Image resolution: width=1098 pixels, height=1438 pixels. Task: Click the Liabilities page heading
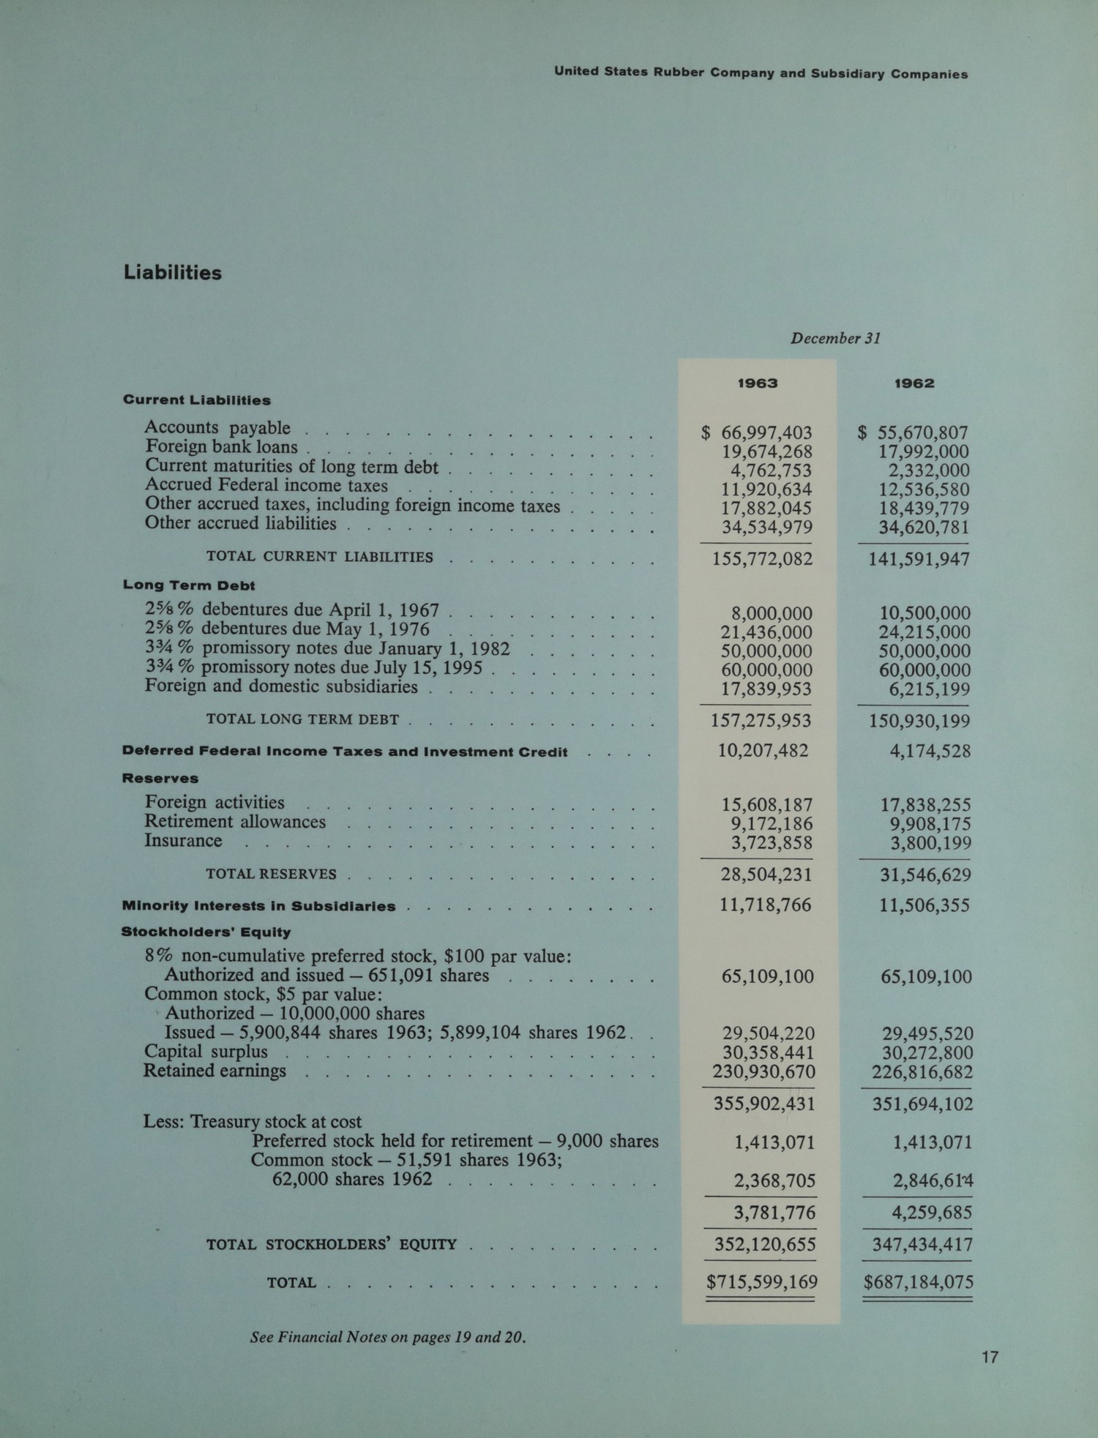[173, 273]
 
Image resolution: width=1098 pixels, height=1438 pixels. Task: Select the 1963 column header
[757, 383]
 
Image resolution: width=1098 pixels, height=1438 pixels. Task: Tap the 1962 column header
[914, 383]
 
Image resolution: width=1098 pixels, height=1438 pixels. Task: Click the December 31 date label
[835, 339]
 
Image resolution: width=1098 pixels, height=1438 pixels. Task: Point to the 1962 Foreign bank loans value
[924, 452]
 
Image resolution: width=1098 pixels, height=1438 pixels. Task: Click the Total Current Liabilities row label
[319, 557]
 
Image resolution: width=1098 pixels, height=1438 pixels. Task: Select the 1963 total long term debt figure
[761, 721]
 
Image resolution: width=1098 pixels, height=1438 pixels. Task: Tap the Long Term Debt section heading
[189, 585]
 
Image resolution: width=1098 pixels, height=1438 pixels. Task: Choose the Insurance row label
[183, 841]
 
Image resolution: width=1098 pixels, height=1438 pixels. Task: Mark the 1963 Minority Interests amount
[765, 905]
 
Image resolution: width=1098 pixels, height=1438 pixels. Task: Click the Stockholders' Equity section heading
[206, 932]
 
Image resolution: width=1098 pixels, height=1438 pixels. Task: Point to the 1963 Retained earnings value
[763, 1072]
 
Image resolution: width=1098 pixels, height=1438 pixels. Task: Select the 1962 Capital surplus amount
[926, 1053]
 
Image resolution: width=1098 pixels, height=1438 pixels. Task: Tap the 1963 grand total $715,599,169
[761, 1282]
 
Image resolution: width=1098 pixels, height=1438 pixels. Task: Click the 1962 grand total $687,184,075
[917, 1282]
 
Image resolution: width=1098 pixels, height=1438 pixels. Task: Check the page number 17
[990, 1358]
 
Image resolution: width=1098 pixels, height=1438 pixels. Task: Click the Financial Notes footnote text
[388, 1337]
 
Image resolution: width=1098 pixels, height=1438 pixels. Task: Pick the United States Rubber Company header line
[761, 74]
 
